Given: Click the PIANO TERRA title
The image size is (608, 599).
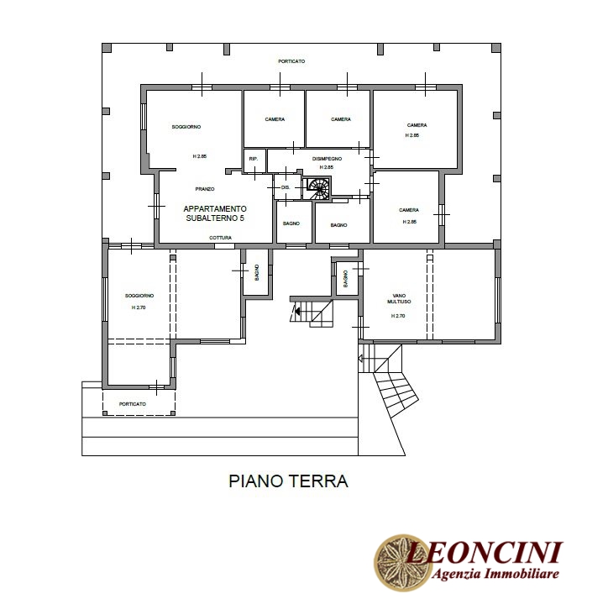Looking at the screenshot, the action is [x=288, y=481].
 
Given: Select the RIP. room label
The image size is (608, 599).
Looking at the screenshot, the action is [x=254, y=159].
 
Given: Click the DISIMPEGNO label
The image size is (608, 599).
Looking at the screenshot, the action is [x=327, y=159].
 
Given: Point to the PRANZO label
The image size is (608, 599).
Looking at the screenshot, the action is [x=205, y=189].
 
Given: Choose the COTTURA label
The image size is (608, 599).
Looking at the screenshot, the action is [x=220, y=238].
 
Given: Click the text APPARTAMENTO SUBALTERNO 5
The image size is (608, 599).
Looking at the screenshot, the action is [x=215, y=213].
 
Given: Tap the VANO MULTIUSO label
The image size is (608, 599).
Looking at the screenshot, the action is [x=399, y=298].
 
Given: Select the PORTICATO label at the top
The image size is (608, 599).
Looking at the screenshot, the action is [x=291, y=61].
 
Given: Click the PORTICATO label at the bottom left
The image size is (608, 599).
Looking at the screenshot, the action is [x=133, y=404].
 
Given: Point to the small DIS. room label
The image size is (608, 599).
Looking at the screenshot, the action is [x=286, y=187].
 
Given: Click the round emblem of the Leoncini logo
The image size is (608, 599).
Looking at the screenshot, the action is [x=402, y=563].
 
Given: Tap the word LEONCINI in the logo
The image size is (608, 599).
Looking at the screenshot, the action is [x=484, y=552].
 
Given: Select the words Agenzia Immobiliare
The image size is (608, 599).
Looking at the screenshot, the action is [x=495, y=573].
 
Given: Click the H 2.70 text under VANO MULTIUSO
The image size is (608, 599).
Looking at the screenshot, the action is [x=398, y=316].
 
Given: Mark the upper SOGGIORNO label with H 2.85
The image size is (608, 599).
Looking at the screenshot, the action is [x=186, y=127].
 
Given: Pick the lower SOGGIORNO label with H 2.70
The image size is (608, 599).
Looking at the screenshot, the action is [x=139, y=296].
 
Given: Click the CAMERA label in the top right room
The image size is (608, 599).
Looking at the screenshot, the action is [x=417, y=125].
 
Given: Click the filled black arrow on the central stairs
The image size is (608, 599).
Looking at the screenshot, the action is [x=297, y=310].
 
